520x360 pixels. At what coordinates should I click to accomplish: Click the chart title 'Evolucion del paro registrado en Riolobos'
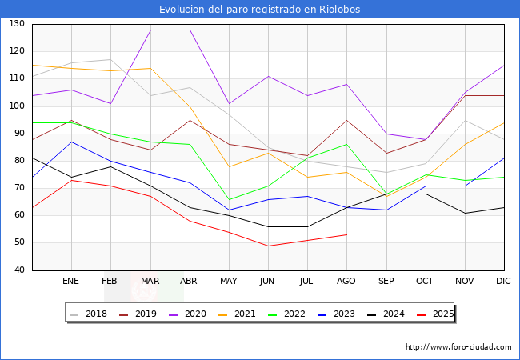coord(260,10)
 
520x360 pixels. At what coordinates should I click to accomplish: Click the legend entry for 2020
coord(201,314)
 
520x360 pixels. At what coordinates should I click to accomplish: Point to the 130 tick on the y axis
coord(16,24)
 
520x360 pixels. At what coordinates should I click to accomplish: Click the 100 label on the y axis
coord(16,106)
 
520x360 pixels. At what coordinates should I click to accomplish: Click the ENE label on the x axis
coord(71,282)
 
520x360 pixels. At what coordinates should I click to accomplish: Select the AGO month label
coord(346,282)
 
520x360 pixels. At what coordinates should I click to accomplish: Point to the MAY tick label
coord(229,282)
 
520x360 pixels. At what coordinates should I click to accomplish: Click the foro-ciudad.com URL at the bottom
coord(458,347)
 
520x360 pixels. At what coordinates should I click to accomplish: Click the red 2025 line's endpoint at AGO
coord(346,234)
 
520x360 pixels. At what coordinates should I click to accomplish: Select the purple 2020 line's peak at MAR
coord(150,30)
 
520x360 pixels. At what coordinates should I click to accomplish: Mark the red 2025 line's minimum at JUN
coord(268,246)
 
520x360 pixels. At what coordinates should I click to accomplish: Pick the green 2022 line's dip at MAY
coord(229,199)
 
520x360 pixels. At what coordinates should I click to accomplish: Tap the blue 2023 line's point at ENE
coord(71,142)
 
